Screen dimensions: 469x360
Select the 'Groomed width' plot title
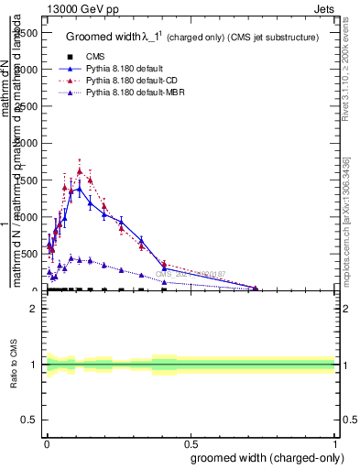tap(192, 37)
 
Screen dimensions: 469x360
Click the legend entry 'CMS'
tap(107, 56)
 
